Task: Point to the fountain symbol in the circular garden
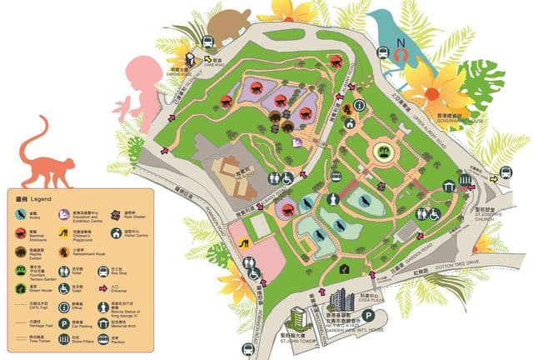[384, 152]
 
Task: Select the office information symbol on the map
[360, 106]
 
